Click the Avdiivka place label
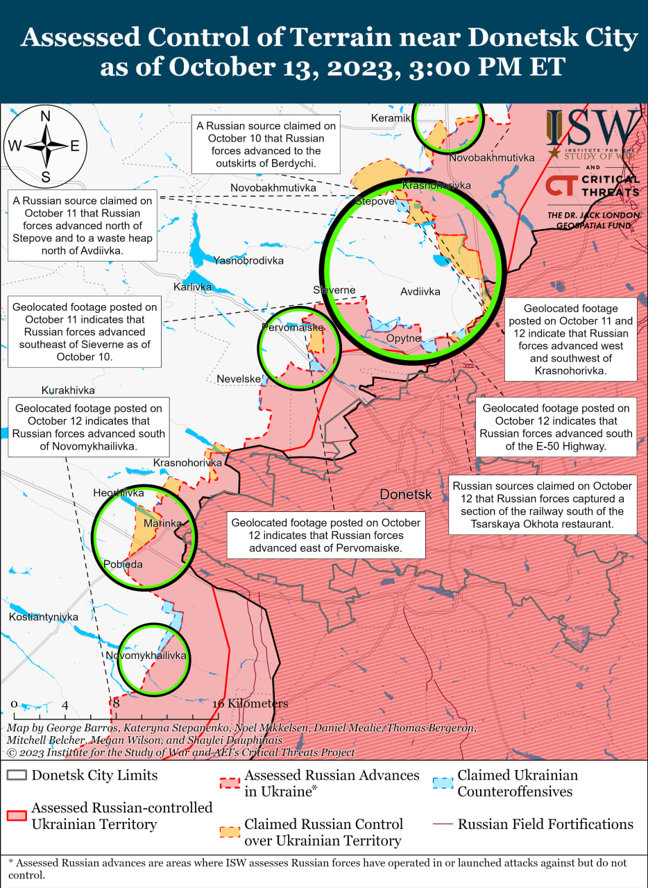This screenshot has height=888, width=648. (x=420, y=292)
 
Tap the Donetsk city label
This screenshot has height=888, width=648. (x=406, y=495)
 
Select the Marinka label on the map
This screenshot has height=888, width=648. (x=163, y=523)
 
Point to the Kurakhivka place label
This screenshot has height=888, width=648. (x=68, y=391)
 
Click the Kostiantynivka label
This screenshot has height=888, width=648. (x=44, y=617)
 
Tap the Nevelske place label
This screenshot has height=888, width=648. (x=239, y=379)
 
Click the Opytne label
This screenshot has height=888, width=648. (x=404, y=339)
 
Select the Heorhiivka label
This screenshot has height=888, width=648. (x=119, y=493)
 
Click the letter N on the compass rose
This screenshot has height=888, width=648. (x=46, y=116)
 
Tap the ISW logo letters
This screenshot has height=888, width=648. (x=593, y=127)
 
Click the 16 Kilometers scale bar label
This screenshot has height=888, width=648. (x=250, y=703)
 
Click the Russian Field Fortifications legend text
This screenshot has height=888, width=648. (x=545, y=824)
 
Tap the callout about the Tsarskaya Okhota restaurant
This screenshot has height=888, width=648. (x=543, y=505)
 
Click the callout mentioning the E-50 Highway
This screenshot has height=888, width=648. (x=556, y=427)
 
